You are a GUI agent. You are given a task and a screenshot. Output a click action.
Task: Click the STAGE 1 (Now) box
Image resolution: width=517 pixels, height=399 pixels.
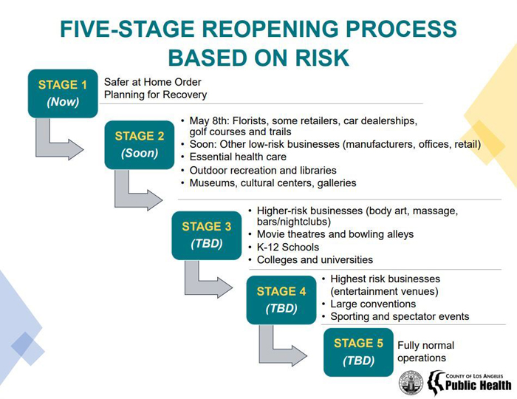click(x=63, y=93)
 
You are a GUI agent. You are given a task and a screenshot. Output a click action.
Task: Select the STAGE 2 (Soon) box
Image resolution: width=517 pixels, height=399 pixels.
click(x=140, y=145)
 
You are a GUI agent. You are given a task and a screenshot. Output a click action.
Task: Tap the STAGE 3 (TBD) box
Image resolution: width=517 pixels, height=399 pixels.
click(x=207, y=236)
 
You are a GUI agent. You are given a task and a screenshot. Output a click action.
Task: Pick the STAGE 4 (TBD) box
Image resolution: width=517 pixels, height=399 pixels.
click(x=281, y=300)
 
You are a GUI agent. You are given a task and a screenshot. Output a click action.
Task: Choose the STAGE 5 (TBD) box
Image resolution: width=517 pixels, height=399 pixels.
click(x=358, y=352)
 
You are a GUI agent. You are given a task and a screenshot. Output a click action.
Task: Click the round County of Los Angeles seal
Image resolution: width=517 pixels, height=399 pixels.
click(x=411, y=383)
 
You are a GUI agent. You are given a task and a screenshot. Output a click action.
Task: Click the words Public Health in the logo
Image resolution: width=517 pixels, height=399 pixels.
click(x=478, y=385)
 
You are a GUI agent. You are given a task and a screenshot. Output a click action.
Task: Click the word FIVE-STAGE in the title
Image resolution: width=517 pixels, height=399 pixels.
click(x=127, y=29)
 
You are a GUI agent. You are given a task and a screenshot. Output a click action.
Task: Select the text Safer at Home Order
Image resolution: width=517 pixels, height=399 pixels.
click(x=152, y=82)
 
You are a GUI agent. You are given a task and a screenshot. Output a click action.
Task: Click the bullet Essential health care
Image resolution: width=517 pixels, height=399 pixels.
click(x=238, y=157)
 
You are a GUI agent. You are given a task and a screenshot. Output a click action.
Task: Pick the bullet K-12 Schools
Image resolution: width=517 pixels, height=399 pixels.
click(x=288, y=247)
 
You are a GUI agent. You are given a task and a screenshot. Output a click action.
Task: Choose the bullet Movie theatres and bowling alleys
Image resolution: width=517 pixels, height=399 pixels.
click(x=335, y=234)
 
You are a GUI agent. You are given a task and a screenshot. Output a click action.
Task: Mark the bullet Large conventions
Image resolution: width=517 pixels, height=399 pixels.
click(x=373, y=304)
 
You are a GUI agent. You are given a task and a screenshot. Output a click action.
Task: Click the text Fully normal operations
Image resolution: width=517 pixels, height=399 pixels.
click(x=425, y=352)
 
